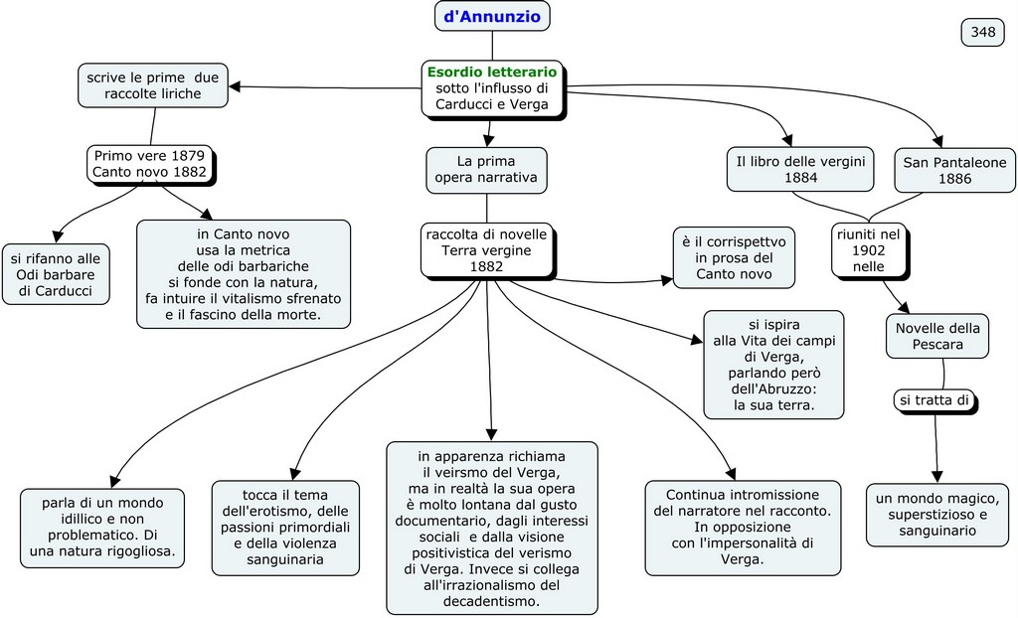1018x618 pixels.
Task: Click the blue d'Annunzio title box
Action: [492, 16]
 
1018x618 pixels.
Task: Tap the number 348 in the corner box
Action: [982, 32]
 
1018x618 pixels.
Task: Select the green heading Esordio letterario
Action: [492, 72]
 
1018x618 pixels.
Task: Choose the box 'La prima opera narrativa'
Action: [486, 170]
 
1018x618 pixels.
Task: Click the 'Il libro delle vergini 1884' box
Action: [800, 169]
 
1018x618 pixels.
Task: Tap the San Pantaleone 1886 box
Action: [954, 170]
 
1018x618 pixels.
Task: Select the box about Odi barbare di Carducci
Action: [56, 274]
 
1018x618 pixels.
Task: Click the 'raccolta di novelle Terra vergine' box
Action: [486, 250]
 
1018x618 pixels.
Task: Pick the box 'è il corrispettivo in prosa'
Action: [734, 257]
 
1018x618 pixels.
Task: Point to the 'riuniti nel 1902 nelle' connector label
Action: [868, 249]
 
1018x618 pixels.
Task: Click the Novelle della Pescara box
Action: [937, 336]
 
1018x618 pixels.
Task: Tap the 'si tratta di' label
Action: [933, 400]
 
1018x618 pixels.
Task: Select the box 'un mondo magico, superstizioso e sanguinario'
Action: [937, 515]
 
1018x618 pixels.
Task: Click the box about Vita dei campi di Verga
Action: [773, 365]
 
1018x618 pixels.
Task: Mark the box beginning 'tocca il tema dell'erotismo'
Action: [284, 527]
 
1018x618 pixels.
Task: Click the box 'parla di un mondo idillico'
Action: [102, 528]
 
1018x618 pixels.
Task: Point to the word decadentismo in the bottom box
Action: [493, 601]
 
